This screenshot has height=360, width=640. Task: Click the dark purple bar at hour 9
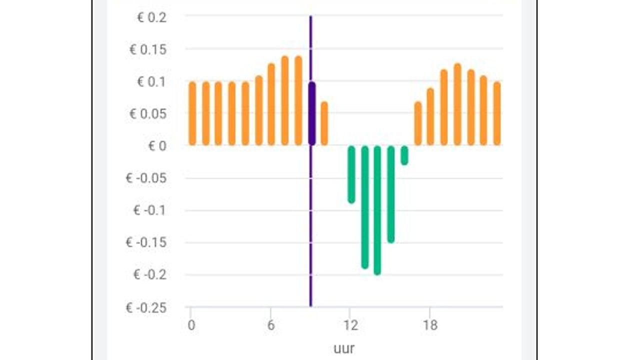[312, 113]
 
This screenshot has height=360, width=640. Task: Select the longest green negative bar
[377, 210]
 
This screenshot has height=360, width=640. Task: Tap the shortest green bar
[404, 155]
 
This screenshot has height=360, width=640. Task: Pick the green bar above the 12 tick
[351, 174]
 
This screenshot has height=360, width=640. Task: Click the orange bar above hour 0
[192, 113]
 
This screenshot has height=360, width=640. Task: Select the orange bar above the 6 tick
[271, 104]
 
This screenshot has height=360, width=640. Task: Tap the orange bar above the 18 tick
[430, 116]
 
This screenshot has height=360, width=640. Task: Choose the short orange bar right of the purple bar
[324, 123]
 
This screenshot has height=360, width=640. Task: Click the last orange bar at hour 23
[497, 113]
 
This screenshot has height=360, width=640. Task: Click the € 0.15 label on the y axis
[148, 49]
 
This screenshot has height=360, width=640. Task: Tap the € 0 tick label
[157, 146]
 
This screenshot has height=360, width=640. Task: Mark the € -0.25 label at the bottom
[146, 307]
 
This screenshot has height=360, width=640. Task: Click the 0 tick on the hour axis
[191, 325]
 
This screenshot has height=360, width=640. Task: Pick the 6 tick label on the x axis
[271, 325]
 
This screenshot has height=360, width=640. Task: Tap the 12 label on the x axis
[350, 325]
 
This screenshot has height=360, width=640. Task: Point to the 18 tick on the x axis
[430, 325]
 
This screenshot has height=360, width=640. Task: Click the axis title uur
[344, 348]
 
